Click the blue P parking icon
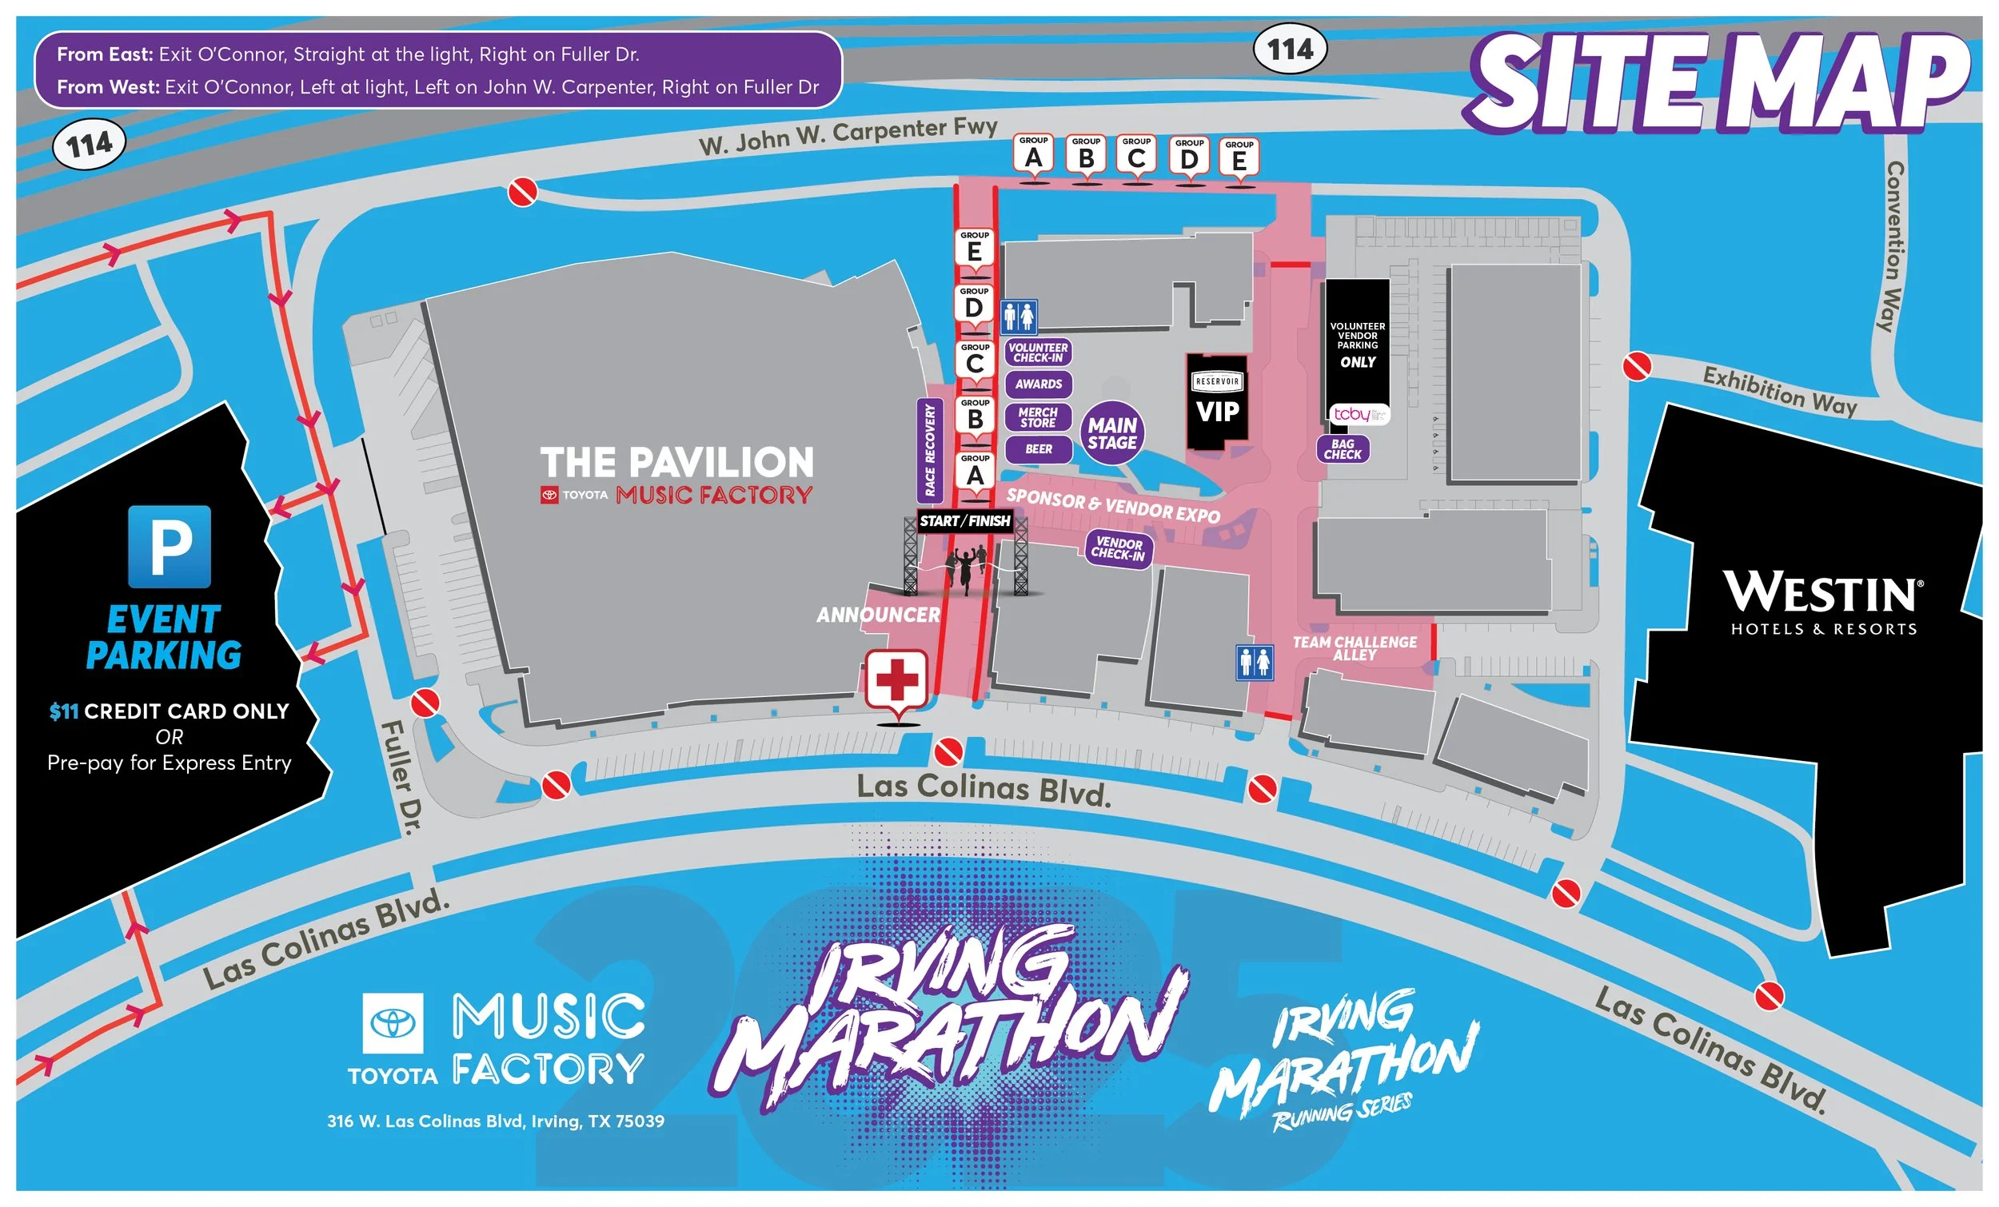coord(170,546)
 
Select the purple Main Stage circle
coord(1111,433)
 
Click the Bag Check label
coord(1343,449)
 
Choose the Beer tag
coord(1039,448)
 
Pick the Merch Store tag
coord(1039,417)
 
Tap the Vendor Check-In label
coord(1119,549)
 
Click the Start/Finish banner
coord(964,520)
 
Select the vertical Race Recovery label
coord(930,450)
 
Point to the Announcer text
coord(878,615)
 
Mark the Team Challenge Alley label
coord(1354,648)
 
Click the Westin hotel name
coord(1823,594)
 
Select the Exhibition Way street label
coord(1779,391)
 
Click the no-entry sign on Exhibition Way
coord(1637,366)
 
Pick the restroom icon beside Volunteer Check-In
coord(1018,316)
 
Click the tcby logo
coord(1357,415)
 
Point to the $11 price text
coord(63,711)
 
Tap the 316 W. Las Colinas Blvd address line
coord(495,1121)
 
